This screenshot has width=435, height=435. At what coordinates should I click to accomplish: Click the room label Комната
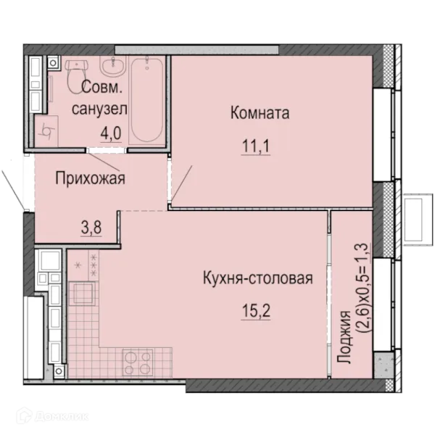click(260, 113)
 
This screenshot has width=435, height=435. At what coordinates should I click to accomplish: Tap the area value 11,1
click(256, 146)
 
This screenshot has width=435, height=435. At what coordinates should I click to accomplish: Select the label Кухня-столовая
click(258, 278)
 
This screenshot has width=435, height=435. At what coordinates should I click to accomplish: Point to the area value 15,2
click(256, 311)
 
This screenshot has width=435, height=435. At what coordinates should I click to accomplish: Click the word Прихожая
click(90, 178)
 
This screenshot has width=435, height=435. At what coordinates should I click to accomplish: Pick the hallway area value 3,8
click(91, 228)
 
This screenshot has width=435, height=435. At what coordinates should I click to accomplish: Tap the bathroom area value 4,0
click(111, 133)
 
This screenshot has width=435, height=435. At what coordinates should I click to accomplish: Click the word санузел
click(99, 109)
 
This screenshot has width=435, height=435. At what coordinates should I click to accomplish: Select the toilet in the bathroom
click(77, 75)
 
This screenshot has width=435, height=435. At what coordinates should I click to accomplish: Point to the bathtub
click(148, 100)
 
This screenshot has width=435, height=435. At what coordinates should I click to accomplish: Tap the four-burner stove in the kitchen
click(138, 362)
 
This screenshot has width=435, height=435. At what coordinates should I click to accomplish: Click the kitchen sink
click(83, 294)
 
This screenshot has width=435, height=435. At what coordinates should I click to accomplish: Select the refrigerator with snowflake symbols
click(83, 265)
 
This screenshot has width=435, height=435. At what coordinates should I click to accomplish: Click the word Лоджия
click(344, 337)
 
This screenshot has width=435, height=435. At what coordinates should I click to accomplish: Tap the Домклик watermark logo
click(52, 416)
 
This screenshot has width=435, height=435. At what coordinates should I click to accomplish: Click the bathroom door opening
click(107, 150)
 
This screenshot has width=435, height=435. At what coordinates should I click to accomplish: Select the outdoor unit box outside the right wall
click(418, 220)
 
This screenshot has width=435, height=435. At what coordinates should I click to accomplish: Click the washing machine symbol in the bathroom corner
click(46, 131)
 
